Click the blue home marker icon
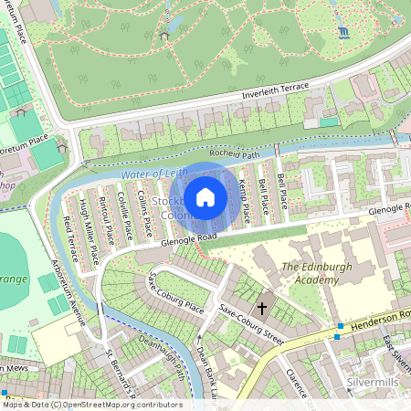pos(205,197)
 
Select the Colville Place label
pos(124,217)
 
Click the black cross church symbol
pos(261,309)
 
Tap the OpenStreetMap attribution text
pos(92,405)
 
